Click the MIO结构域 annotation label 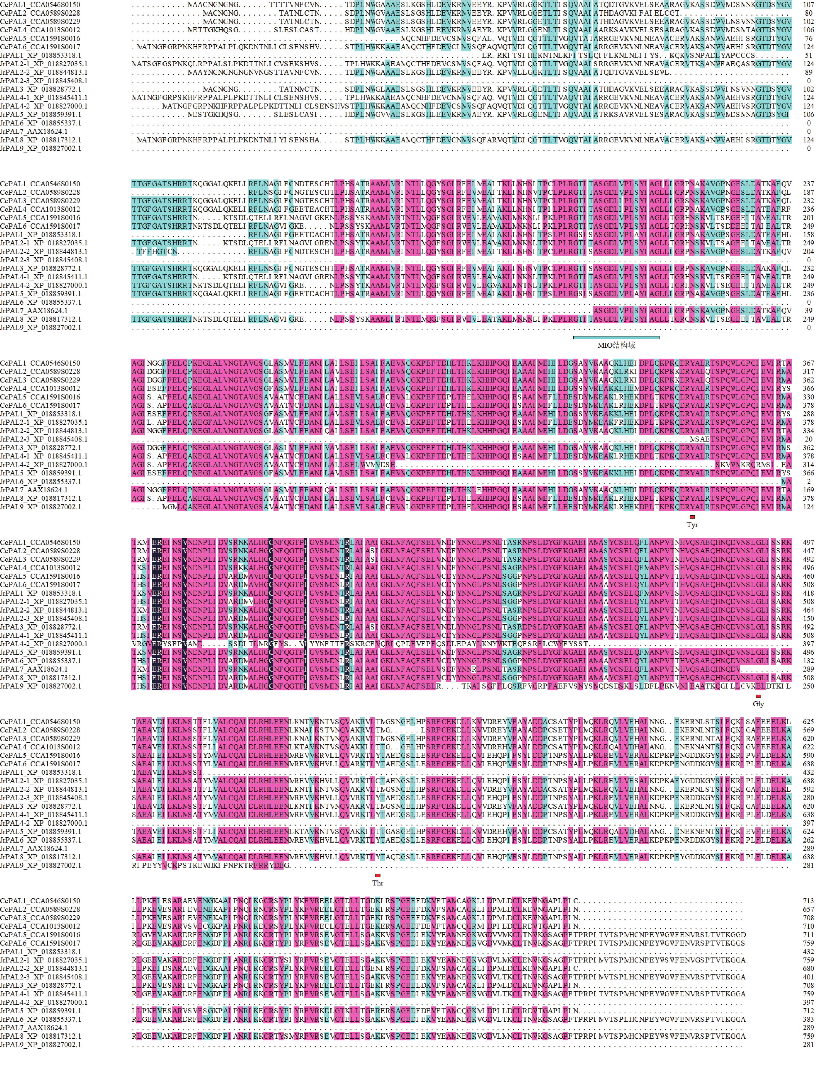(616, 345)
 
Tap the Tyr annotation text (692, 525)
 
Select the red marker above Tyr (692, 517)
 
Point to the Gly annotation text (758, 704)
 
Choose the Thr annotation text (378, 883)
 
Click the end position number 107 (808, 5)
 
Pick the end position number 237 (808, 184)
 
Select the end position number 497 (808, 542)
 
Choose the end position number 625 (808, 722)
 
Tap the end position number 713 (808, 901)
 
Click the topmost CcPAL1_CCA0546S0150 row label (40, 5)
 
